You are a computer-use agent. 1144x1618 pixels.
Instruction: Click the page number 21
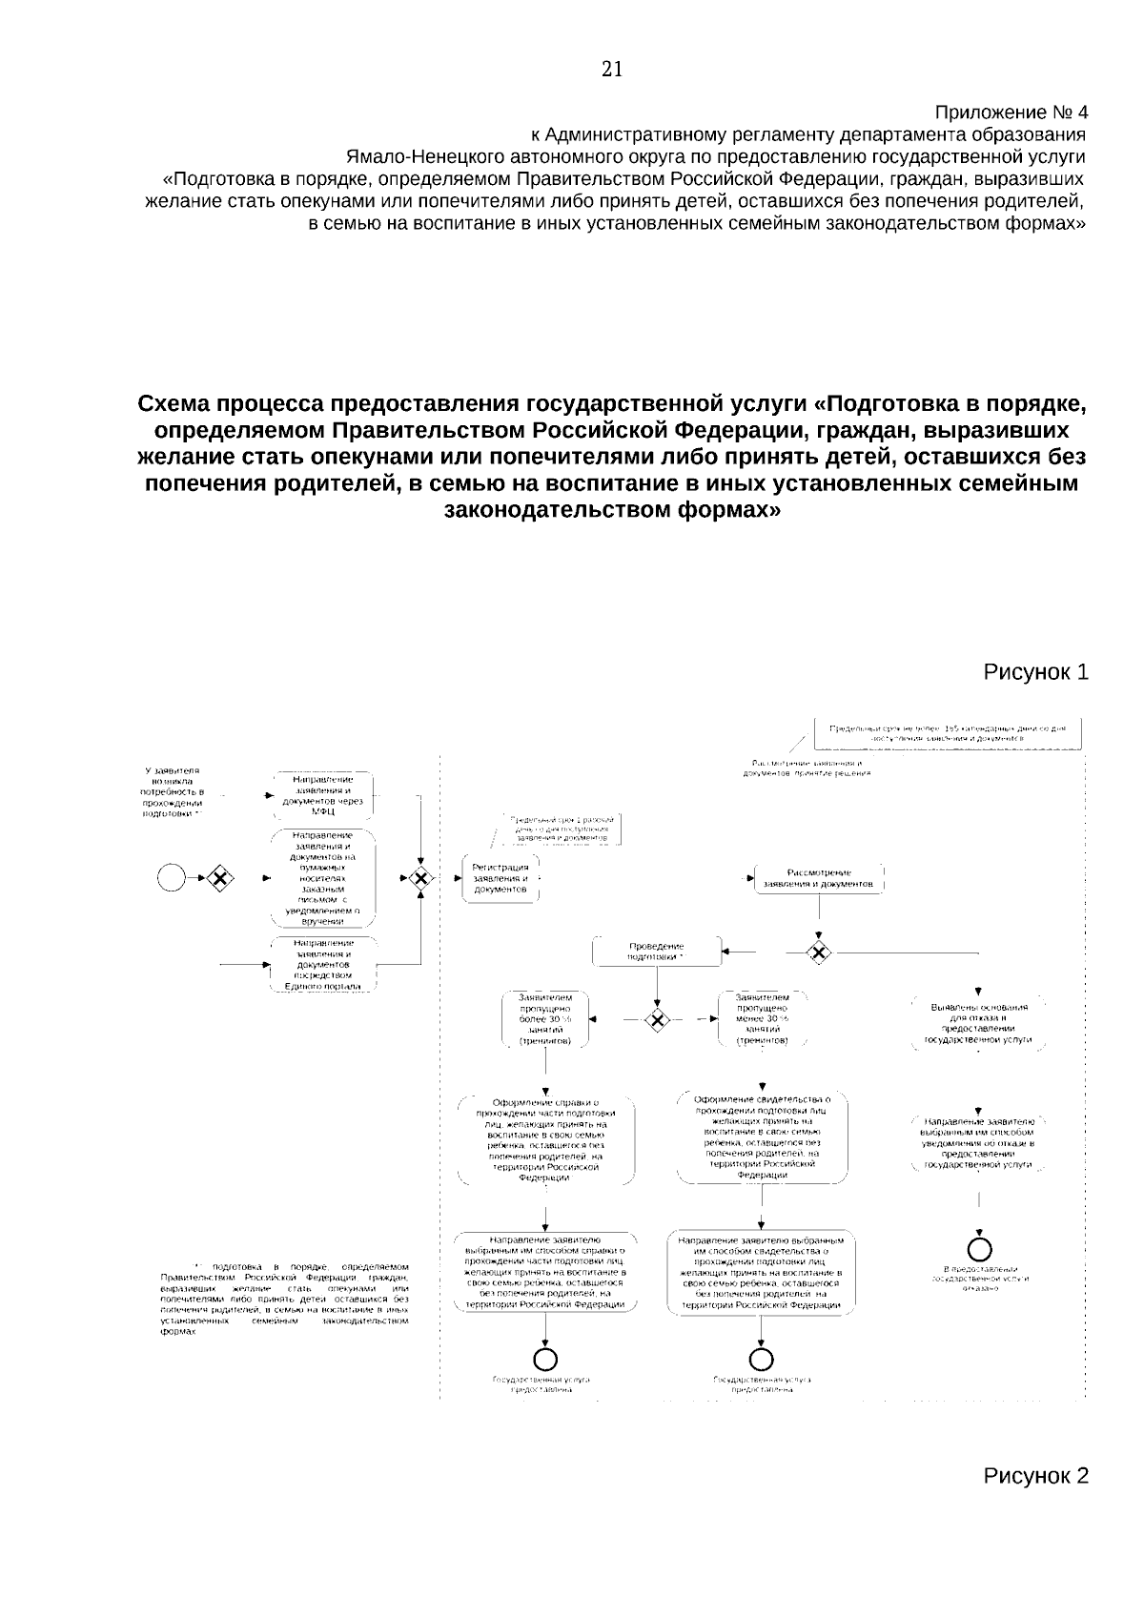point(612,69)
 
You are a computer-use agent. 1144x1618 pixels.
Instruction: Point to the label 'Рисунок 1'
point(1035,672)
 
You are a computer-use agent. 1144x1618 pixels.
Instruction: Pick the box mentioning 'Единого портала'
point(322,965)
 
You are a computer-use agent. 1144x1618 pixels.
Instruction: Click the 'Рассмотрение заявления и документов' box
point(819,878)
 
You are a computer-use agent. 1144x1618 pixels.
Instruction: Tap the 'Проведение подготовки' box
point(656,950)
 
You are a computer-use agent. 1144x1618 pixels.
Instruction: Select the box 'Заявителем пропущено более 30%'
point(544,1019)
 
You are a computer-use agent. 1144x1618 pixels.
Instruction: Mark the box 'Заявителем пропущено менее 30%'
point(762,1019)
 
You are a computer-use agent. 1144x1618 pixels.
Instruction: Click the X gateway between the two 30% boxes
point(655,1019)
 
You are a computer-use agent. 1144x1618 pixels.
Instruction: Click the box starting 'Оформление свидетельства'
point(763,1137)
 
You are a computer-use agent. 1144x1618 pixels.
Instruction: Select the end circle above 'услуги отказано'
point(979,1248)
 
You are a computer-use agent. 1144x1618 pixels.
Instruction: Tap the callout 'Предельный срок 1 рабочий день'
point(562,829)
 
